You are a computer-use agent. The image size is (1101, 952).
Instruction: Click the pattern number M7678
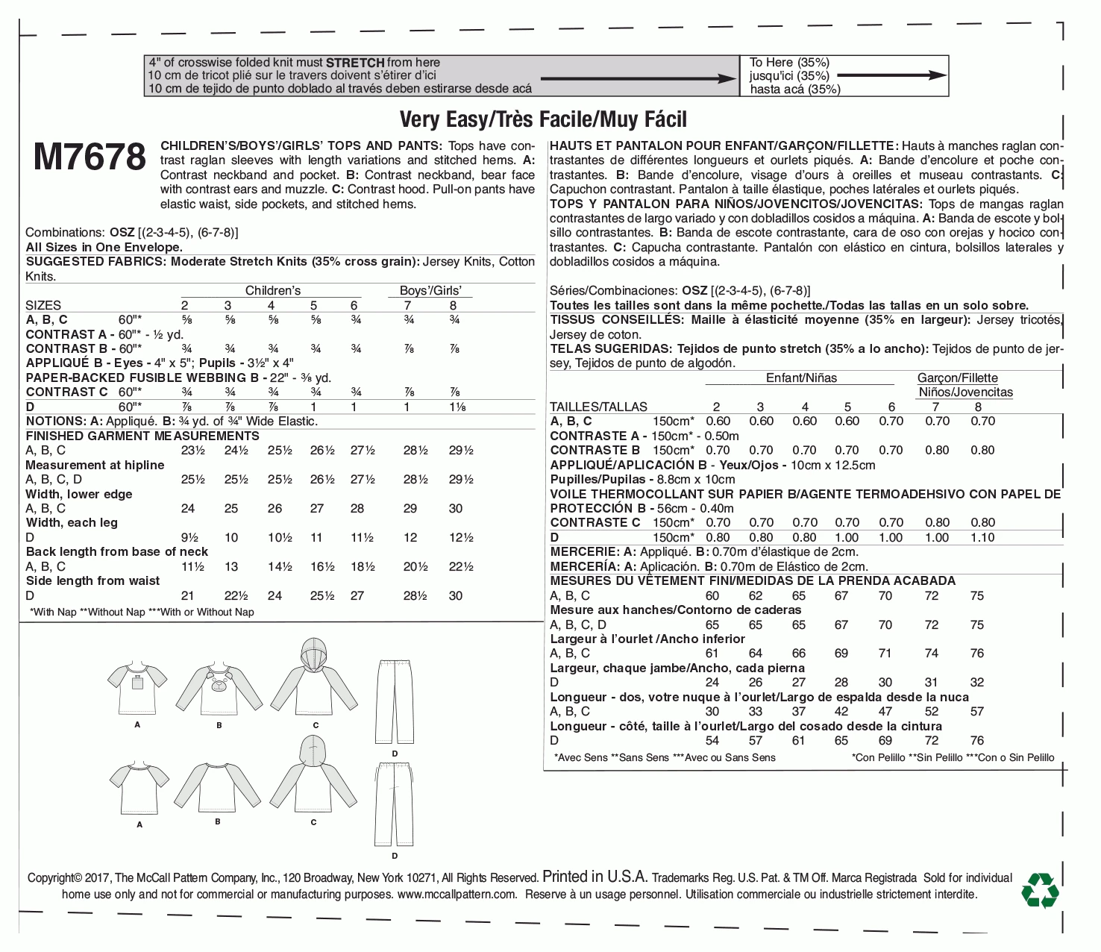click(90, 157)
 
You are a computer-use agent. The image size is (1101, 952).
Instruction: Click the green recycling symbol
click(1040, 889)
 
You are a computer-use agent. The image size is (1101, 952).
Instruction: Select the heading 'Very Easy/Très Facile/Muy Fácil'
click(543, 119)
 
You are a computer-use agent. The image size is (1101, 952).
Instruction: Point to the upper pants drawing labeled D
click(395, 701)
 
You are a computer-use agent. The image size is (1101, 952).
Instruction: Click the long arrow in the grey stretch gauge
click(638, 78)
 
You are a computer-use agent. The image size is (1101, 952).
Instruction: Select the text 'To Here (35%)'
click(789, 63)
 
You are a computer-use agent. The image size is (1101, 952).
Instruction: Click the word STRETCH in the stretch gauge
click(355, 63)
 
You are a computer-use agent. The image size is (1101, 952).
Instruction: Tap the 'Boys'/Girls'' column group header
click(430, 290)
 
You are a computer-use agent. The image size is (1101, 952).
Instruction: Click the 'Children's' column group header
click(273, 290)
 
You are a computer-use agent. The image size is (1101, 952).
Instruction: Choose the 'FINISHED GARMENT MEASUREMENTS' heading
click(142, 436)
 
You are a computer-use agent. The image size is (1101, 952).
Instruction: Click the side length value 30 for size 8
click(456, 595)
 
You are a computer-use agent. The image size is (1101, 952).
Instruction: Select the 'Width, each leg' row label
click(72, 522)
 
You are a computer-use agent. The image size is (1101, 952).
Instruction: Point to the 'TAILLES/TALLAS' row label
click(598, 407)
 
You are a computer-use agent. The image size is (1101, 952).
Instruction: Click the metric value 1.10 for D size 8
click(982, 537)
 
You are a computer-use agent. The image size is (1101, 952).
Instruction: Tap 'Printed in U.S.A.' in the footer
click(595, 877)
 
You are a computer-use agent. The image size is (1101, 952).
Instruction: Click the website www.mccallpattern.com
click(457, 894)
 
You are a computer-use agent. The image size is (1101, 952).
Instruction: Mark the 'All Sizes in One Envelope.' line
click(104, 247)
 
